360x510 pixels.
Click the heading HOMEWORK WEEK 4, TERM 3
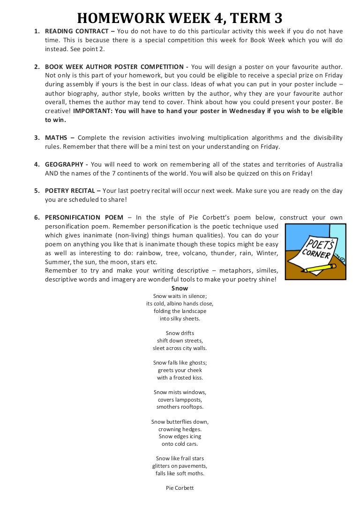click(180, 18)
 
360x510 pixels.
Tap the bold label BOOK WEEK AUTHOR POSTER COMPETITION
click(114, 67)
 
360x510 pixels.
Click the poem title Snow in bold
click(180, 289)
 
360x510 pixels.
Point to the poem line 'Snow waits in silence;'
click(180, 296)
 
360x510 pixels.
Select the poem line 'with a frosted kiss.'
click(180, 378)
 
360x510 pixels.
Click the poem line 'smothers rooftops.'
click(180, 407)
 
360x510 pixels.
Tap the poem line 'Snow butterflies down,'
click(180, 422)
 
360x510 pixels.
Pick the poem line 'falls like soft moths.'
click(180, 473)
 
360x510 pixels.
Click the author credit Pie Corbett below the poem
click(180, 488)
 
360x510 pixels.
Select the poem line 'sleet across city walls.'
click(180, 348)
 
